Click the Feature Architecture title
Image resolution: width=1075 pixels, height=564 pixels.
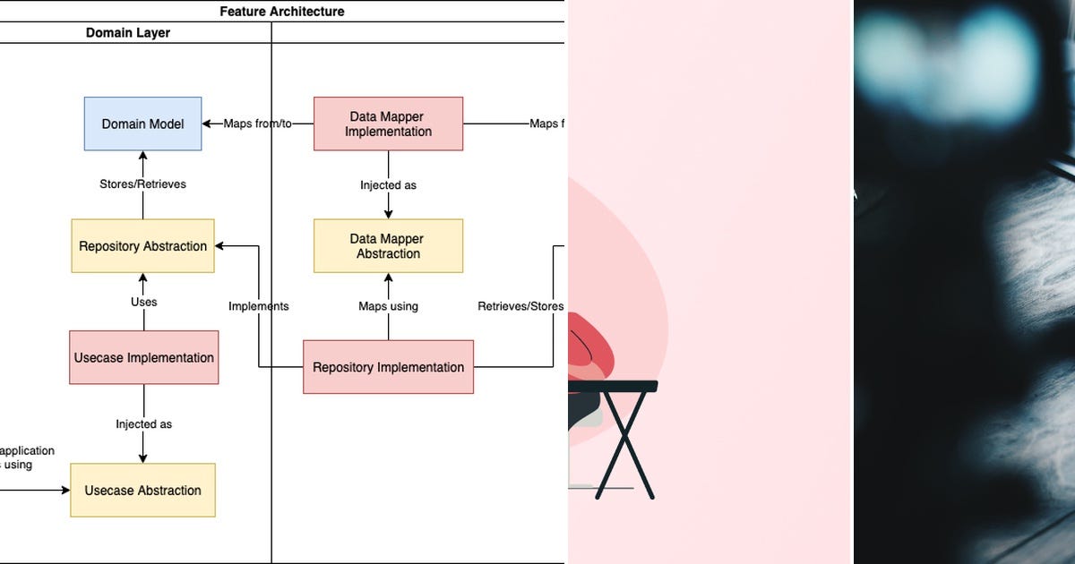tap(282, 12)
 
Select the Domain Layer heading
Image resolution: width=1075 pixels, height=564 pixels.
tap(128, 33)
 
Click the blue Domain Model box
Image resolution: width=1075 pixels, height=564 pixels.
tap(142, 124)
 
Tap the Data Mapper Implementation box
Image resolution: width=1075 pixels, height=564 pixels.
tap(388, 124)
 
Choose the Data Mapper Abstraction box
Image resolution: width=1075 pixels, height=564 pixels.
tap(388, 246)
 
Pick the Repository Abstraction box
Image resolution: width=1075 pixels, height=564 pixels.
tap(142, 246)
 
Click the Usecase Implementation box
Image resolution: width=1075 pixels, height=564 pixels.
tap(143, 357)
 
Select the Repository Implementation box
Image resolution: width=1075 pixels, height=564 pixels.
tap(388, 367)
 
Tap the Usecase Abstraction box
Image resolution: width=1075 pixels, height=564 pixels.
tap(142, 490)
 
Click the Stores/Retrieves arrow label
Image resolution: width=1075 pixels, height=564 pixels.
tap(142, 184)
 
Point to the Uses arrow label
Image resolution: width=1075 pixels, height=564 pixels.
tap(143, 302)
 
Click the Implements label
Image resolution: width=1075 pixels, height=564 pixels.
tap(259, 306)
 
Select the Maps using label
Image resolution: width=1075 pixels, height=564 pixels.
tap(388, 306)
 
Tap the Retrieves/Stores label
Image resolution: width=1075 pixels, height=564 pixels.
tap(520, 306)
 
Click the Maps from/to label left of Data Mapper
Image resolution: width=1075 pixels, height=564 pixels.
tap(258, 124)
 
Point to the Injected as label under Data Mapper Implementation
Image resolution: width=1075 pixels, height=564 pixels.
tap(388, 185)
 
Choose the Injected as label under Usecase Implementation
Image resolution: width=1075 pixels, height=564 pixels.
tap(143, 423)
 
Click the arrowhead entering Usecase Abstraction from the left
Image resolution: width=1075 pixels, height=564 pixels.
tap(65, 490)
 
